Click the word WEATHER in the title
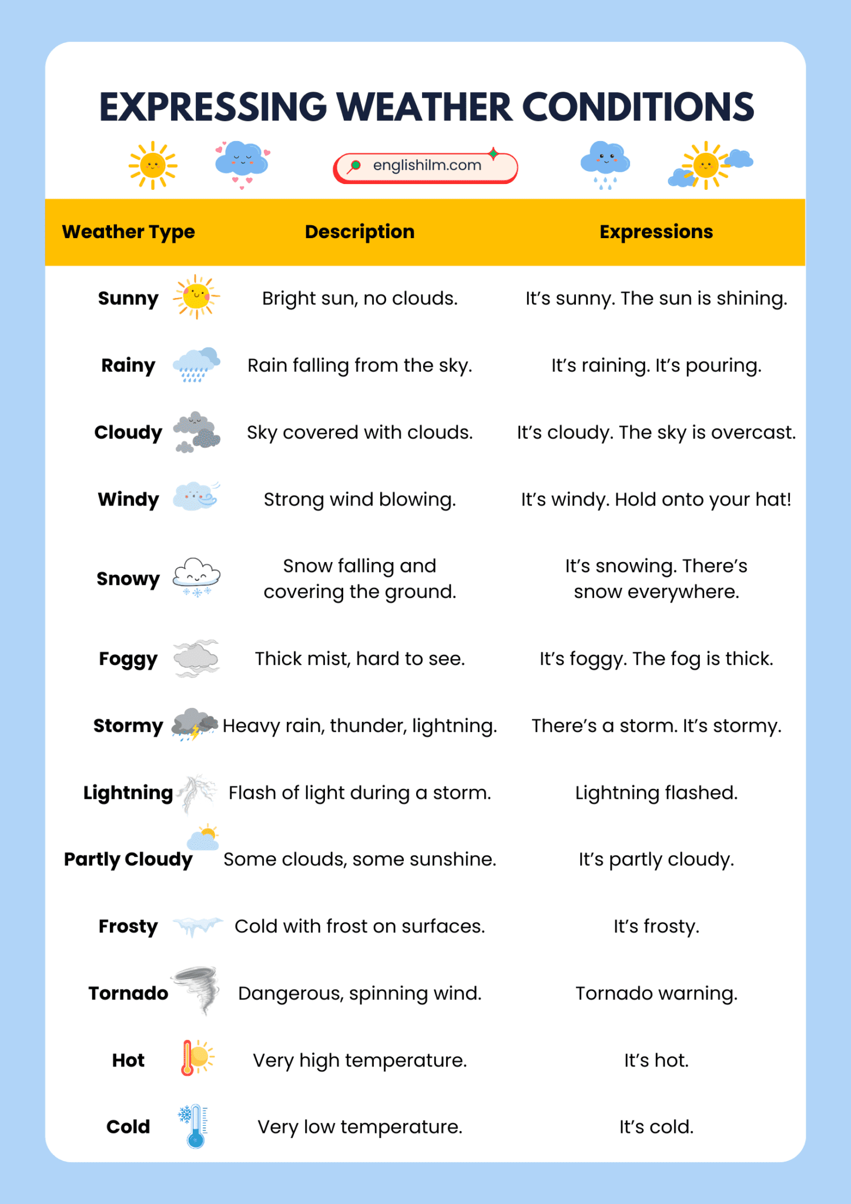[424, 107]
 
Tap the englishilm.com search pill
[425, 167]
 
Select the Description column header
[359, 232]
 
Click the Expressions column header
[655, 232]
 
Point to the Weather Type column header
[128, 232]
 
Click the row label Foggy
[128, 658]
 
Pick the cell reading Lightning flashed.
[656, 792]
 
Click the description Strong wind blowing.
[359, 499]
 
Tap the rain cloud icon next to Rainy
[196, 364]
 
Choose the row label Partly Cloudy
[128, 859]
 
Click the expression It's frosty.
[656, 926]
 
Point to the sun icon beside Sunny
[196, 297]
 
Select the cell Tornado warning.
[656, 993]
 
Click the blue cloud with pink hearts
[242, 162]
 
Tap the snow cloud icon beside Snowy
[196, 577]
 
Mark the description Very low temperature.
[359, 1126]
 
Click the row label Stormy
[128, 725]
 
